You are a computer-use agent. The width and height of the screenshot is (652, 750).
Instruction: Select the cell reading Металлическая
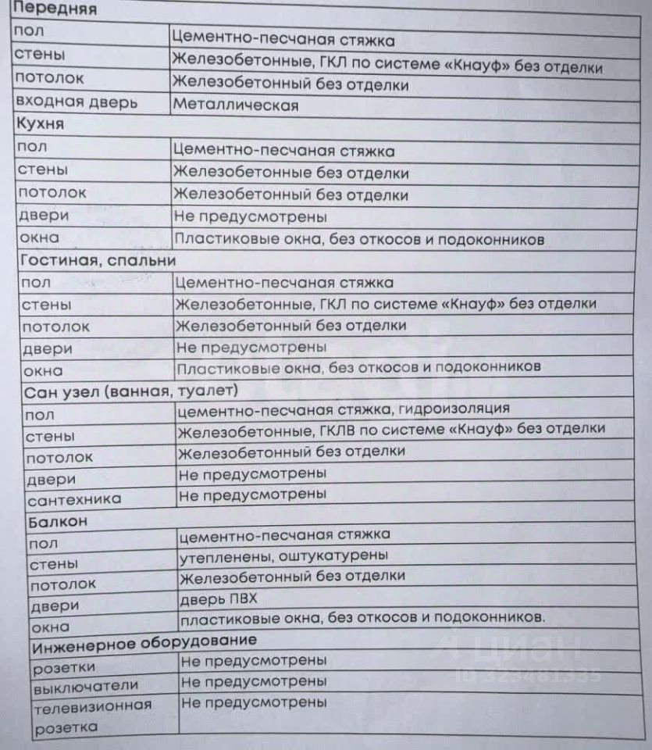point(235,105)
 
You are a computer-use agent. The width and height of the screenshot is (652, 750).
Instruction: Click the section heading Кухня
point(40,124)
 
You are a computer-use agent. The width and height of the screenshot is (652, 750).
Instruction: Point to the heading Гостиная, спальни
point(98,260)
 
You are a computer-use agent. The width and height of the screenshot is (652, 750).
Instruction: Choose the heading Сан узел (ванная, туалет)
point(130,389)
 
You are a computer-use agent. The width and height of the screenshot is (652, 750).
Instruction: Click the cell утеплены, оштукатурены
point(284,555)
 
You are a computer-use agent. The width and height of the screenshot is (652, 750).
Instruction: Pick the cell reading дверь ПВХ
point(219,598)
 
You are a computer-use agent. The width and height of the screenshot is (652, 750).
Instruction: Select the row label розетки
point(64,667)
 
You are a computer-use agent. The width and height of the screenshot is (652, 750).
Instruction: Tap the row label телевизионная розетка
point(92,716)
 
